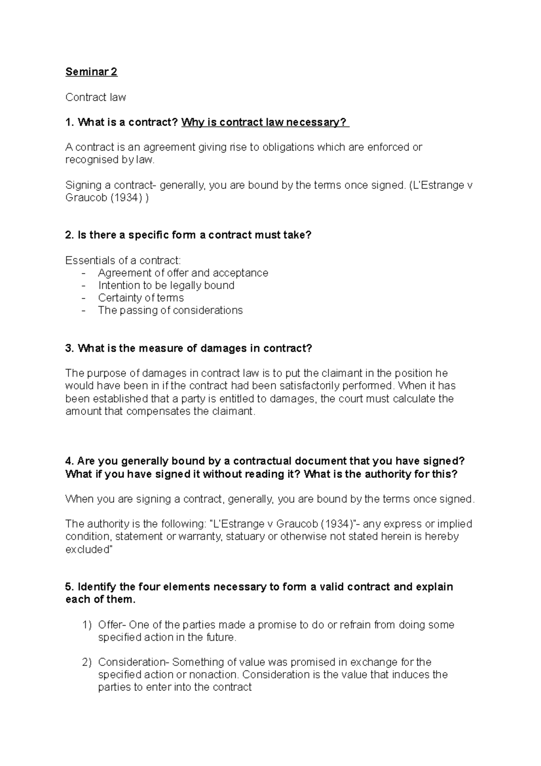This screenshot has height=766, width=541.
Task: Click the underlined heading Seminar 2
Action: point(92,72)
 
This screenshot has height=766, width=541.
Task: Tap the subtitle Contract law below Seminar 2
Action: point(96,97)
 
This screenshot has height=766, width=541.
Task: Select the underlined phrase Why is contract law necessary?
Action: point(265,122)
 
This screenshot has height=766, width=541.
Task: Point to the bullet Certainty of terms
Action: point(141,298)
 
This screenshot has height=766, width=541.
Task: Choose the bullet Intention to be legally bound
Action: point(166,285)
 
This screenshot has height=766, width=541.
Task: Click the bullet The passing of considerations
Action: point(170,310)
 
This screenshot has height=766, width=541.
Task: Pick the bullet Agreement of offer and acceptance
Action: point(183,273)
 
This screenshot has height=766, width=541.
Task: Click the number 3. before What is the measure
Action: point(69,348)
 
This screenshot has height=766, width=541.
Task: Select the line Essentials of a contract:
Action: point(123,260)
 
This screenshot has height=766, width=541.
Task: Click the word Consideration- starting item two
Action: point(134,662)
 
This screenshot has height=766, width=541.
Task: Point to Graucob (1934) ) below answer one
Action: point(106,198)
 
